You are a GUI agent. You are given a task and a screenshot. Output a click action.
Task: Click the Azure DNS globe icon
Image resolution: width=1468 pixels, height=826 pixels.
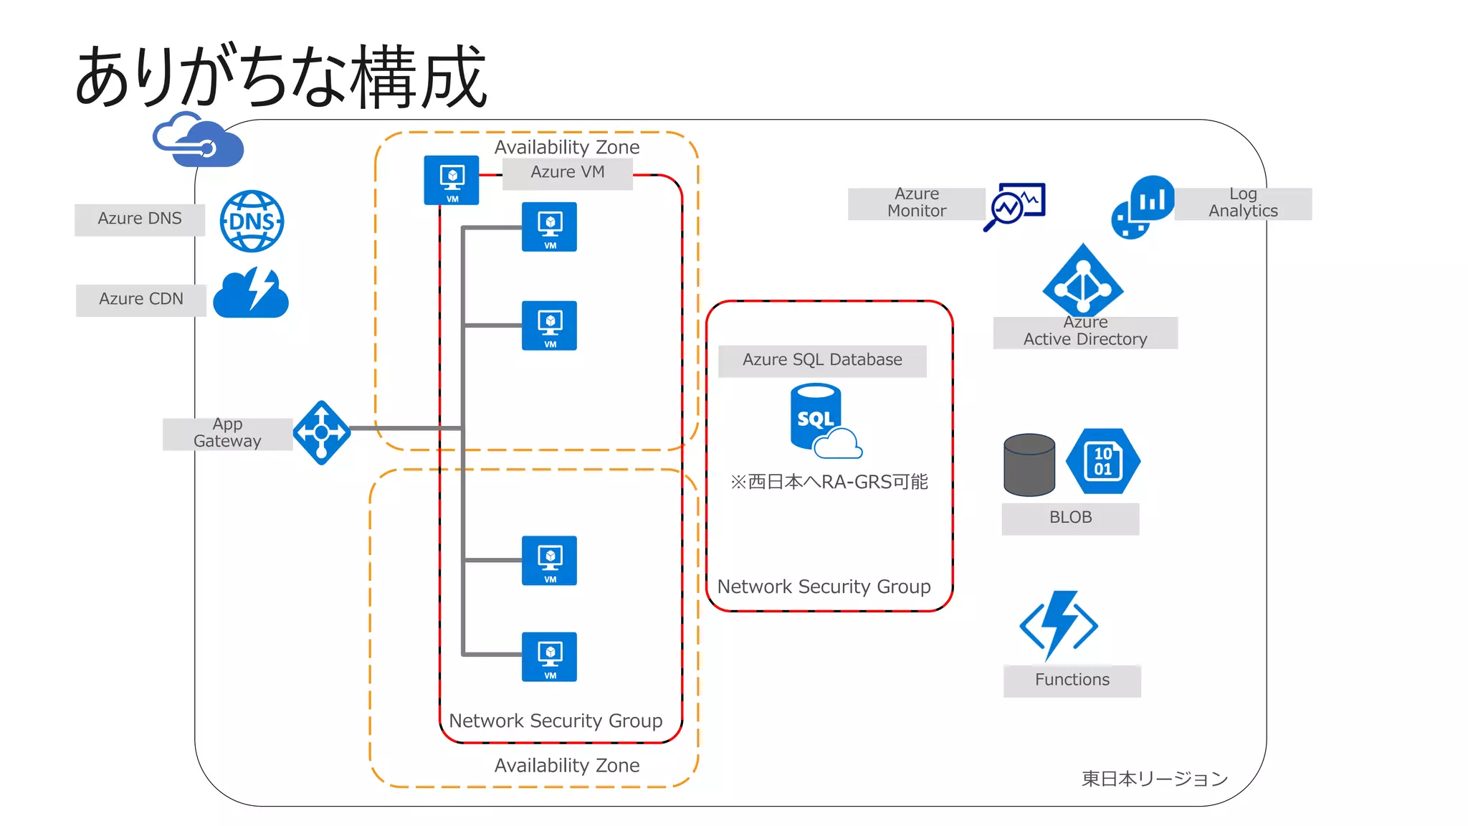[x=252, y=221]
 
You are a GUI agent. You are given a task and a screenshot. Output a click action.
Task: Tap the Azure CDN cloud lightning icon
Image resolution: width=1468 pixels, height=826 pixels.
[x=251, y=294]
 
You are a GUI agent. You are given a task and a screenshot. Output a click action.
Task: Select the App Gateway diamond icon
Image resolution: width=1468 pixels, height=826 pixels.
[x=322, y=432]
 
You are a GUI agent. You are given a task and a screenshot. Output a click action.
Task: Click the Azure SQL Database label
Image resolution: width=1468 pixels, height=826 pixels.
[x=822, y=360]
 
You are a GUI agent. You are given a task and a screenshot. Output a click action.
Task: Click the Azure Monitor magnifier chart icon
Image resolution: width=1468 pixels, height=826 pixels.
[x=1014, y=206]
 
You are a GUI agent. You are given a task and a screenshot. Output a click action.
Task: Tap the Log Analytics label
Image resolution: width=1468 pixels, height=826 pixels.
[x=1243, y=203]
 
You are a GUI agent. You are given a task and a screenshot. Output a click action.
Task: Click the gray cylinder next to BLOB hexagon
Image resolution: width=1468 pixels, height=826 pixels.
[x=1029, y=465]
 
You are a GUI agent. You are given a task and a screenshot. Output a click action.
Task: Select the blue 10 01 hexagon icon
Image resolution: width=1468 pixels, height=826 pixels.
[x=1103, y=461]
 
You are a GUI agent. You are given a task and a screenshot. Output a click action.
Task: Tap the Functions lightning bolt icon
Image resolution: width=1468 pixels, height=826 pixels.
[x=1059, y=625]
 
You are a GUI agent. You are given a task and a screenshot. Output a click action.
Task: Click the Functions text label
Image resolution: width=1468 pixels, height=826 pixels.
[x=1072, y=680]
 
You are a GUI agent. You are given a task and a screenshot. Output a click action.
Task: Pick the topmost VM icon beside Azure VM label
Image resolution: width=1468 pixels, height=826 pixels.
[x=452, y=180]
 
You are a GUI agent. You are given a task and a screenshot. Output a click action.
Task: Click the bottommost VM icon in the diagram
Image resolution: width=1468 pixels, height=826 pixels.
[x=550, y=656]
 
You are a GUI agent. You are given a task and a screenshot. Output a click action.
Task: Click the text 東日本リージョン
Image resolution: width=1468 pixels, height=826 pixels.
[x=1154, y=779]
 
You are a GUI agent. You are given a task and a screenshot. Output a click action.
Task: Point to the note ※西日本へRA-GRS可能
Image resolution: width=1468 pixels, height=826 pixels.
[x=829, y=482]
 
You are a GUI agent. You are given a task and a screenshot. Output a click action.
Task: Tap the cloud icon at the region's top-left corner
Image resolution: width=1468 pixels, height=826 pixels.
[x=199, y=141]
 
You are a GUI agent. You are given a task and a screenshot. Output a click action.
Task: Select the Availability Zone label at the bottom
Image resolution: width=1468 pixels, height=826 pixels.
[x=567, y=766]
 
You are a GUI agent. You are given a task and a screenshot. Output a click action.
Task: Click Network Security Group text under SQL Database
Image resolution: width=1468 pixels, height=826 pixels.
[x=824, y=587]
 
